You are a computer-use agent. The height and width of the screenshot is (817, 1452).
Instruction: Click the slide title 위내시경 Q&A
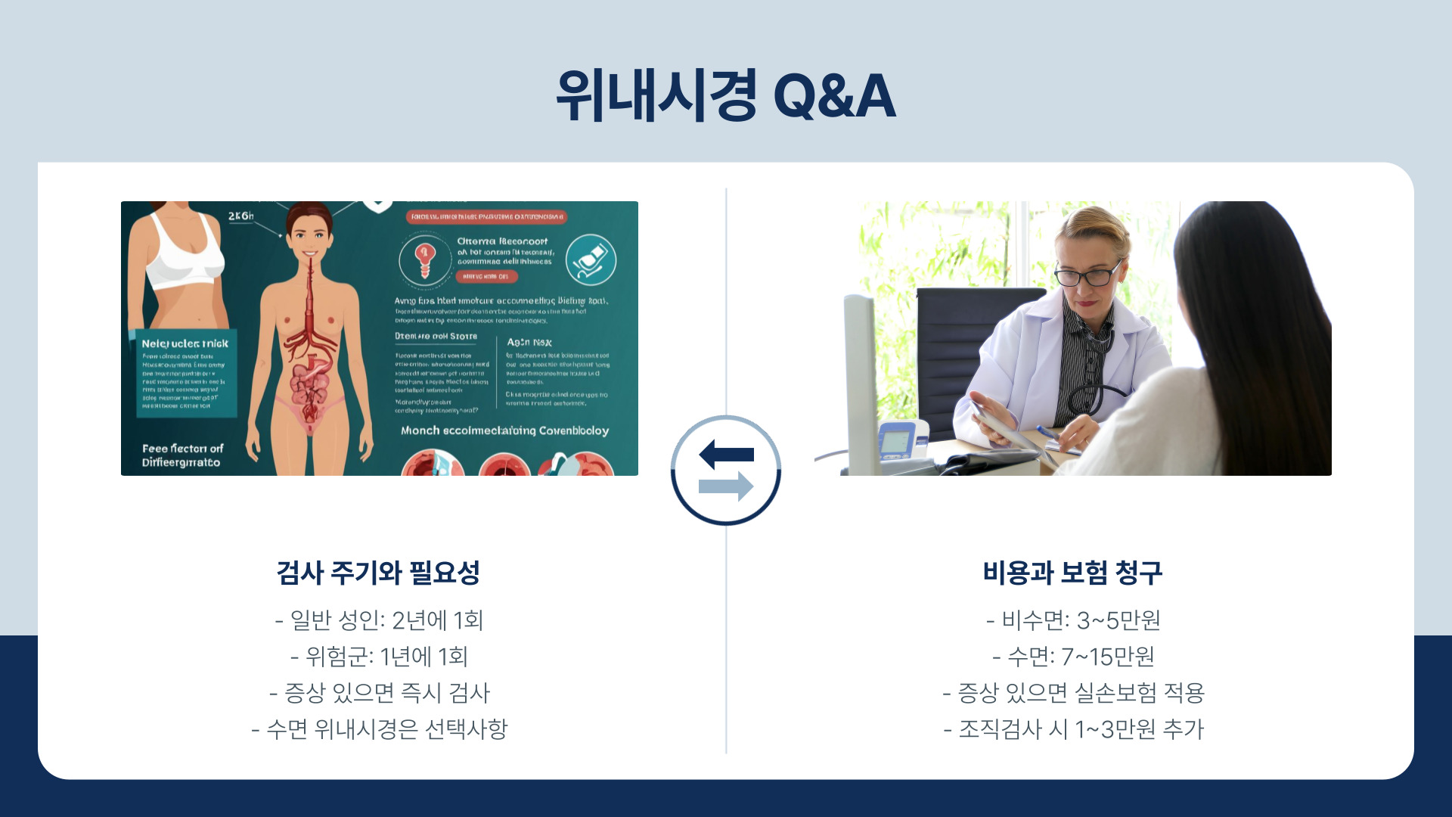pyautogui.click(x=726, y=96)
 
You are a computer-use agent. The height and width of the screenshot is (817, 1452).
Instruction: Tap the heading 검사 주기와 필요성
pyautogui.click(x=378, y=573)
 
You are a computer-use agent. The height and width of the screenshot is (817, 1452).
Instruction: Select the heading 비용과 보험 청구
pyautogui.click(x=1072, y=573)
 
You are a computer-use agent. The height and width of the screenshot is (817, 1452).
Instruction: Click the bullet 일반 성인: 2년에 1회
pyautogui.click(x=379, y=620)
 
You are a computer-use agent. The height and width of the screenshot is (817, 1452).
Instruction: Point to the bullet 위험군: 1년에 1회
pyautogui.click(x=379, y=657)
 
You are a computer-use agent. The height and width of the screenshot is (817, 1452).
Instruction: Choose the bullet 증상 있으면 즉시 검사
pyautogui.click(x=379, y=693)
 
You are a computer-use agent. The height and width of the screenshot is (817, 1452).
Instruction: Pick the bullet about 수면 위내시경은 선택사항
pyautogui.click(x=379, y=729)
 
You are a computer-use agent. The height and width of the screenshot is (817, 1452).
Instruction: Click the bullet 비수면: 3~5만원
pyautogui.click(x=1073, y=620)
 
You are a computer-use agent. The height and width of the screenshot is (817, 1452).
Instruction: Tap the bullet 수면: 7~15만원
pyautogui.click(x=1073, y=657)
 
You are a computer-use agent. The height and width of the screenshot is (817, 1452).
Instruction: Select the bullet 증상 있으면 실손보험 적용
pyautogui.click(x=1073, y=693)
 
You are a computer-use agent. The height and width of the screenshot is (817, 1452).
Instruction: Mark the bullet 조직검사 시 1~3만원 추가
pyautogui.click(x=1073, y=729)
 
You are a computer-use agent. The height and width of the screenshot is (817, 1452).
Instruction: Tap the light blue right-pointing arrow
pyautogui.click(x=726, y=486)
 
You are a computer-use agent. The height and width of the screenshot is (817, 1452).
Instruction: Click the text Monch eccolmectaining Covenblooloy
pyautogui.click(x=504, y=430)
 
